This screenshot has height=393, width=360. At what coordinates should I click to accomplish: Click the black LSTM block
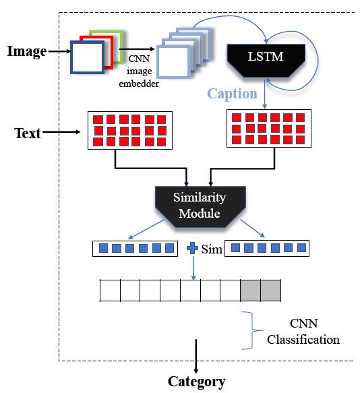click(266, 60)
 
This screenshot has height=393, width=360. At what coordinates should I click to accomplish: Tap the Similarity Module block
click(200, 206)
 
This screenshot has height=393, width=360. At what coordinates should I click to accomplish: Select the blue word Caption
click(232, 94)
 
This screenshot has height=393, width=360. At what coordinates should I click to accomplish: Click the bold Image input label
click(27, 52)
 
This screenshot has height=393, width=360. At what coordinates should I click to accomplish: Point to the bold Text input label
click(28, 133)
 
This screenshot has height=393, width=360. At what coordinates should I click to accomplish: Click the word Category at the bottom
click(197, 382)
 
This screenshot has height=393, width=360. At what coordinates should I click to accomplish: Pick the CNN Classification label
click(303, 332)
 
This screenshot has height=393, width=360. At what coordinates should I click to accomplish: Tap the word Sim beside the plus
click(212, 249)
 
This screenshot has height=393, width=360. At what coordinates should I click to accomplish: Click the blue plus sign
click(192, 248)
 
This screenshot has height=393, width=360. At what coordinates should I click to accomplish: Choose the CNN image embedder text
click(139, 71)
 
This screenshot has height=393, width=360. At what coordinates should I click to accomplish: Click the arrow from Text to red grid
click(61, 132)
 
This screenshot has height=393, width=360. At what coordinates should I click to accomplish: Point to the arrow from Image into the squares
click(59, 51)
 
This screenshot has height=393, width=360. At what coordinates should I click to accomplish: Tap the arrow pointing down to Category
click(196, 356)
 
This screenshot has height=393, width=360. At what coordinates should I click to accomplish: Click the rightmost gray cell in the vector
click(271, 291)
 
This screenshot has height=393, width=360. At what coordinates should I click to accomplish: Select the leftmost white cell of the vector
click(110, 291)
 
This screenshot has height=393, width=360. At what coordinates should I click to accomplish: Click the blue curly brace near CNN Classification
click(251, 330)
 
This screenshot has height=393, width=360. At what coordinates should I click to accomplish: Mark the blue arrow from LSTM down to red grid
click(265, 94)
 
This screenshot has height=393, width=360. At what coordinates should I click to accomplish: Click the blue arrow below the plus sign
click(193, 268)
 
